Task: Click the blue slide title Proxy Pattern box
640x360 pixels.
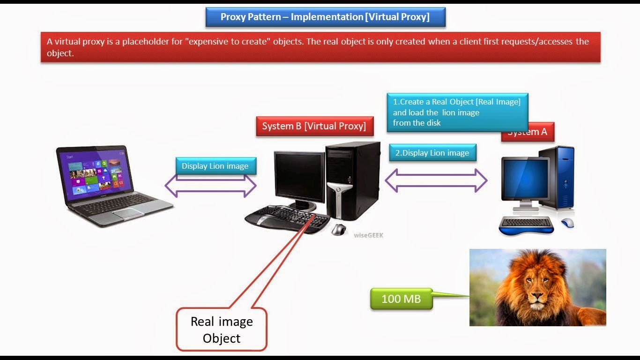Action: pos(325,17)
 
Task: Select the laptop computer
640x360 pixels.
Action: pos(112,185)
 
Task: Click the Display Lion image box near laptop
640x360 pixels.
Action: pos(215,166)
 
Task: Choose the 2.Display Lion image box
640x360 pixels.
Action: pos(432,153)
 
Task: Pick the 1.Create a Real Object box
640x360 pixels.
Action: pos(457,112)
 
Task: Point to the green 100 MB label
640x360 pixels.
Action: pos(401,299)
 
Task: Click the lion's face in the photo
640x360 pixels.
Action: pos(536,291)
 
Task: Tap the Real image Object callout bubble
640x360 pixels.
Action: pos(222,330)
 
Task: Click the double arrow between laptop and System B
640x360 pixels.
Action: pos(211,186)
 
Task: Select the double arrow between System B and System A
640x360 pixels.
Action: pos(436,180)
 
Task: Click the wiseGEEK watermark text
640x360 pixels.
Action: pos(369,235)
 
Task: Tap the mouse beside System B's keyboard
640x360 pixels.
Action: pos(338,230)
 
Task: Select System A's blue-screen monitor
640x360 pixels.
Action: pos(525,181)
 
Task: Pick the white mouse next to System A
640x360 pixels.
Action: pos(567,223)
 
